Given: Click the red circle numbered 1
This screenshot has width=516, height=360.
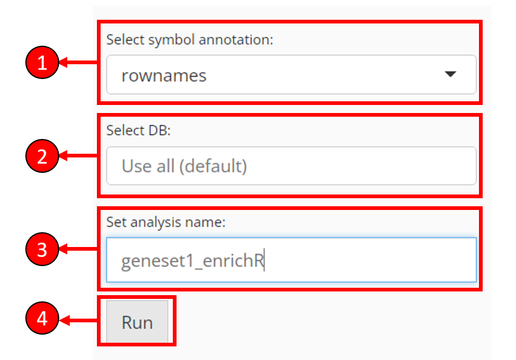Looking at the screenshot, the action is click(x=42, y=62).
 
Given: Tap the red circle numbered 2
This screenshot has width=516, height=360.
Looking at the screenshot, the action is click(x=42, y=156).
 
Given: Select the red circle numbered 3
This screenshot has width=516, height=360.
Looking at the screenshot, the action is click(x=42, y=249).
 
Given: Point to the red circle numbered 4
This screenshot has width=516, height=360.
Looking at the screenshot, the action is click(x=42, y=318).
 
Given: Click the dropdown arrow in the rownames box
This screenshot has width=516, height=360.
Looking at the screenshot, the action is click(x=450, y=74).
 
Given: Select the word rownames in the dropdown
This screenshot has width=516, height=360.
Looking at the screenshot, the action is click(x=164, y=76).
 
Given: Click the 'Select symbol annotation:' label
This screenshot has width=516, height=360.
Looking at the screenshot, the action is click(x=189, y=40).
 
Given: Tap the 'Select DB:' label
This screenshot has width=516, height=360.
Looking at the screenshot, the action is click(x=138, y=130).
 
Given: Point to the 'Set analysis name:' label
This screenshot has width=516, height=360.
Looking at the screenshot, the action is click(x=166, y=222).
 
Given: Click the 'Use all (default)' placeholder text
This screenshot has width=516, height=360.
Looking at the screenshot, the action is click(x=185, y=166).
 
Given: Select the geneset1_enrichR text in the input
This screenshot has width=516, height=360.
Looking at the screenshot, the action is click(x=193, y=261).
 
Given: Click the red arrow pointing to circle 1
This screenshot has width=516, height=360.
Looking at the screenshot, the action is click(x=79, y=62).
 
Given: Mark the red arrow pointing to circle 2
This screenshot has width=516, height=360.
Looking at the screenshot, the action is click(x=79, y=156).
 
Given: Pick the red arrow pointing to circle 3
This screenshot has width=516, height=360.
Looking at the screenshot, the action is click(x=79, y=249).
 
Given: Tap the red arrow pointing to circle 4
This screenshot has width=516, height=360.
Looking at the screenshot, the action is click(x=79, y=320).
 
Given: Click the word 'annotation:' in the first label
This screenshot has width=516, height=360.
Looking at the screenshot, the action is click(x=236, y=40).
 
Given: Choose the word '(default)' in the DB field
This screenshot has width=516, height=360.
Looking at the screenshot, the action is click(x=213, y=166).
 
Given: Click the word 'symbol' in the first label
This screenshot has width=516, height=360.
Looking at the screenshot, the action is click(x=171, y=40).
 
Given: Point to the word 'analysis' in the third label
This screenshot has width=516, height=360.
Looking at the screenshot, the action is click(x=156, y=223).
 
